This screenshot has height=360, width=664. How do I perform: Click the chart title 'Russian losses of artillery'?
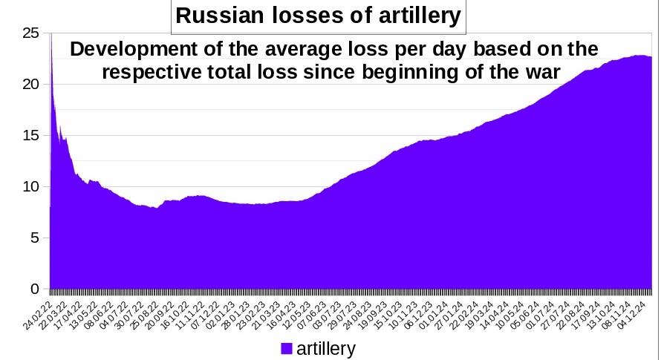pos(318,16)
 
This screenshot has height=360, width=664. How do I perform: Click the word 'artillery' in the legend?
pos(326,348)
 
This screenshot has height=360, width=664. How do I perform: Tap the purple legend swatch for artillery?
pos(287,349)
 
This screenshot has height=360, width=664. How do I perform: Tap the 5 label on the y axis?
pos(33,238)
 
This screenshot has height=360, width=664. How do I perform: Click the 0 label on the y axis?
pos(33,289)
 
